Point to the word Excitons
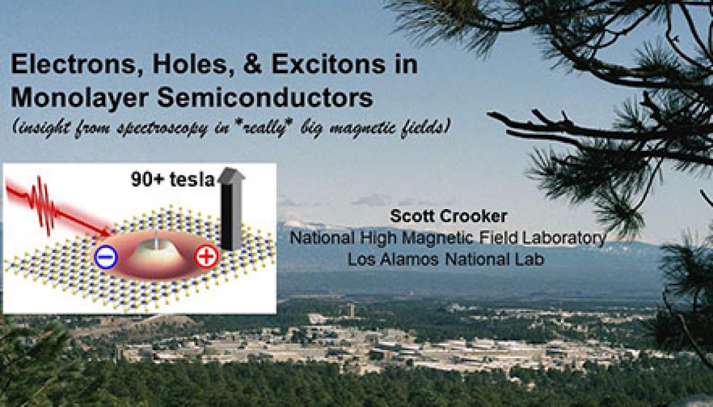328,64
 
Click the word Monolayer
79,98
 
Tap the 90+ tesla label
173,179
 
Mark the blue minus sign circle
106,257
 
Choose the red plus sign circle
206,257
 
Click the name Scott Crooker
448,216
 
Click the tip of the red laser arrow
111,235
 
